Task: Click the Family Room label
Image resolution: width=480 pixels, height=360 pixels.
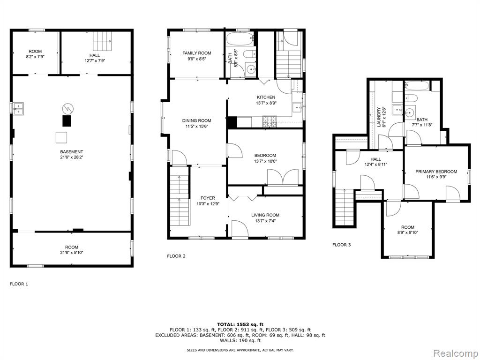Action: (x=196, y=53)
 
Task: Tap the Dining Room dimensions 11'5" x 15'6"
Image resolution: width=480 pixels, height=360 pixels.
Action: (x=196, y=126)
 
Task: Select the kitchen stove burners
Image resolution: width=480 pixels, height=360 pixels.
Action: (x=270, y=121)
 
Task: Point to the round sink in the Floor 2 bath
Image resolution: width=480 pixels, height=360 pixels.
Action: (x=251, y=69)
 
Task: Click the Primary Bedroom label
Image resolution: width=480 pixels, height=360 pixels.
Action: (x=436, y=172)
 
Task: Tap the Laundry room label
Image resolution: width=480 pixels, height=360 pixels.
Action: (x=379, y=117)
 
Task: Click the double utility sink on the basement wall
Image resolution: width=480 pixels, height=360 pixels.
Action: (x=18, y=108)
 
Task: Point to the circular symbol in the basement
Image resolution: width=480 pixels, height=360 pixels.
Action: (x=67, y=108)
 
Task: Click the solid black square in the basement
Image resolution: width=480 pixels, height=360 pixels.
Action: (x=67, y=120)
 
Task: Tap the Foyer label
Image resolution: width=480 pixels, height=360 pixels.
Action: (x=208, y=198)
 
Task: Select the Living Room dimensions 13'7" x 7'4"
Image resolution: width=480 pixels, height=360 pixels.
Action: (x=265, y=220)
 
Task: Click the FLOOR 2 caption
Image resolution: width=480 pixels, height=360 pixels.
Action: (x=176, y=256)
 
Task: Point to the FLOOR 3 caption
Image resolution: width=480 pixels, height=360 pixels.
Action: (x=342, y=245)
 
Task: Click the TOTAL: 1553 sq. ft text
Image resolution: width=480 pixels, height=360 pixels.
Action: (x=240, y=324)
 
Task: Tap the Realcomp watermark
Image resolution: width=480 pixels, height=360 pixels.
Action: (x=456, y=353)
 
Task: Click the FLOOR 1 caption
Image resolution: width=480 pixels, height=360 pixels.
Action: (x=19, y=284)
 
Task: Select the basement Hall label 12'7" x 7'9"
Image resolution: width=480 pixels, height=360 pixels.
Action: (x=95, y=58)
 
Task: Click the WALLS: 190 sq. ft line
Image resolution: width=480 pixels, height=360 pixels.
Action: (x=240, y=340)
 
